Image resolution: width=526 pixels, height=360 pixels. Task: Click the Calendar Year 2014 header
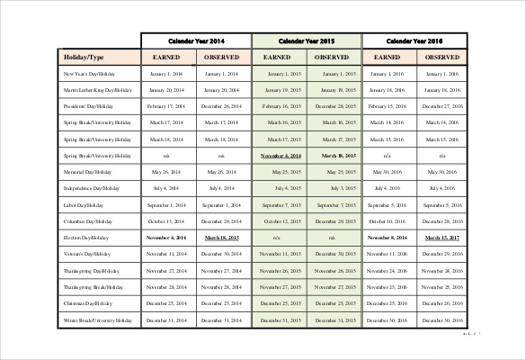(197, 41)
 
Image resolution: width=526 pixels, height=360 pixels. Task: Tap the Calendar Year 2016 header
(415, 41)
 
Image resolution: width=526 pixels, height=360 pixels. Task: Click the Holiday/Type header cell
(84, 57)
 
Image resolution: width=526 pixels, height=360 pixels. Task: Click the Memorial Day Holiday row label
(86, 171)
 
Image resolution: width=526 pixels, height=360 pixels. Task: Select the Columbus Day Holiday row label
(87, 220)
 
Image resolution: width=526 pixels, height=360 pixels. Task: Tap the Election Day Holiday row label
(86, 238)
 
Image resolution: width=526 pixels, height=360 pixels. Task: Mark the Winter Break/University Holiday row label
(97, 319)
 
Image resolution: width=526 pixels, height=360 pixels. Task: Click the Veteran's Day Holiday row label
(87, 254)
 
